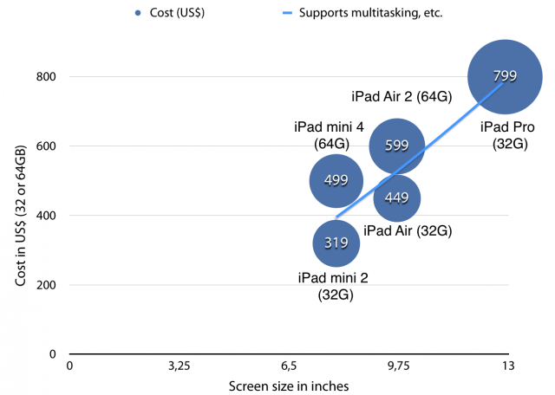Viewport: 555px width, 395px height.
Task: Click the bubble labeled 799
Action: click(x=506, y=76)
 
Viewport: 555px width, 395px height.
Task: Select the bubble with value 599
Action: click(x=396, y=146)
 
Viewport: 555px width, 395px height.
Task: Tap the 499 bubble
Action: click(x=336, y=180)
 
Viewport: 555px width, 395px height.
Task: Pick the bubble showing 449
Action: click(x=397, y=197)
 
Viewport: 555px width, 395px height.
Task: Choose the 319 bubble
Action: click(x=336, y=243)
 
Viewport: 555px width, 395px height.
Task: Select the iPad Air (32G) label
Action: click(x=408, y=230)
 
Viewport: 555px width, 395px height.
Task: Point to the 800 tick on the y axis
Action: click(x=46, y=76)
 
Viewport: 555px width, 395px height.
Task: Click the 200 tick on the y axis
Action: click(x=46, y=285)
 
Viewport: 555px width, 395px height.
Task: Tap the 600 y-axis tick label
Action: click(x=46, y=146)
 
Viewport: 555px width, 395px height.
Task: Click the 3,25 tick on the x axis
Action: click(x=179, y=366)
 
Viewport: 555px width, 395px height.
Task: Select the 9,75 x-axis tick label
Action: click(x=398, y=366)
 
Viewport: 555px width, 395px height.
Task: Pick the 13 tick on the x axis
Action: click(x=507, y=366)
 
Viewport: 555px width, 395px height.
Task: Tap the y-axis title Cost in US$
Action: click(x=16, y=215)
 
